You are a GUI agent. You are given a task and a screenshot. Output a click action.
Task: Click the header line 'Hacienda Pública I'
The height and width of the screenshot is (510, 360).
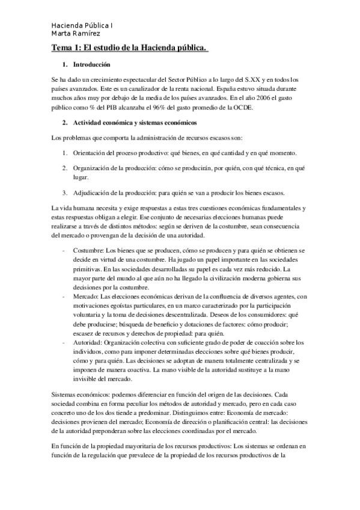(x=82, y=26)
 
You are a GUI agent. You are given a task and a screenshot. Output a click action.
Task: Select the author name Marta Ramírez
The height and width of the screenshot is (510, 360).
(x=76, y=34)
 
